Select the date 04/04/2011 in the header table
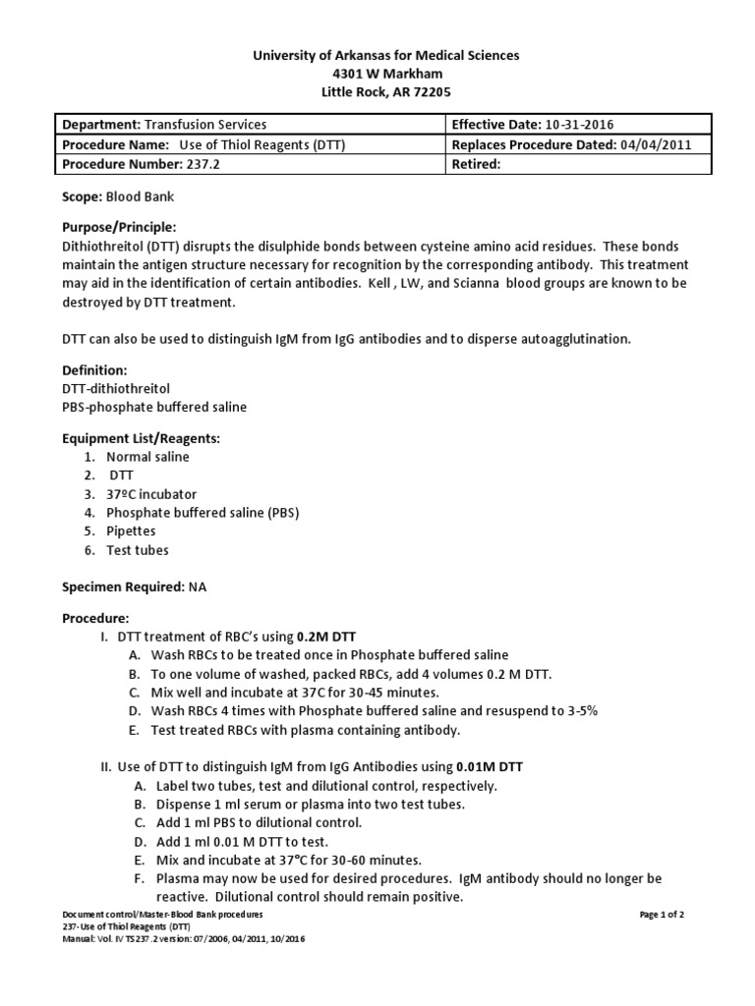[x=656, y=144]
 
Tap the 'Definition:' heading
[x=94, y=370]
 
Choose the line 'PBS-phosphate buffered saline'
[x=154, y=407]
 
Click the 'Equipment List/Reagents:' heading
[x=141, y=438]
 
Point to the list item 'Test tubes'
[x=138, y=550]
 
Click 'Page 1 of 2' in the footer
[x=662, y=915]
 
